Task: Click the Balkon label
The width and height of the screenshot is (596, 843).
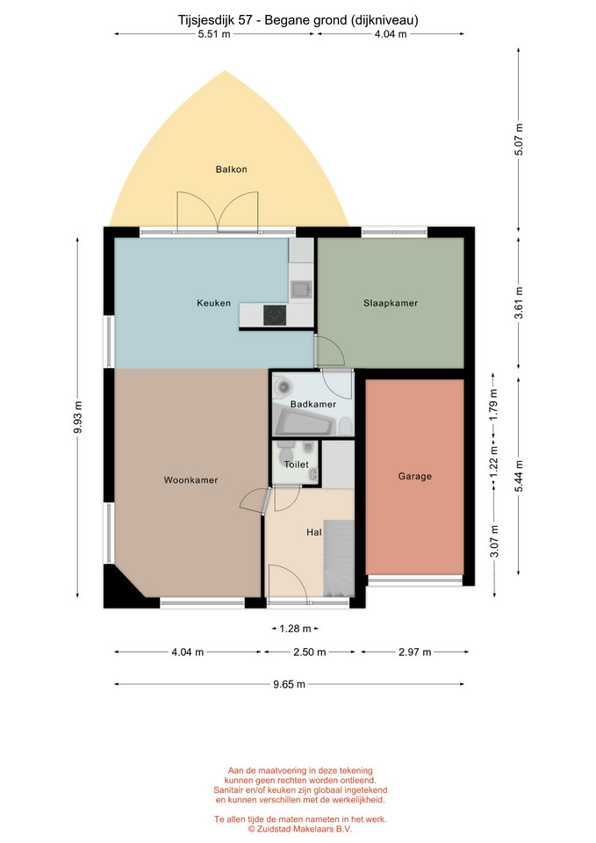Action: (x=231, y=169)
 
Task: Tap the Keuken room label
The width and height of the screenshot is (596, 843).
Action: (x=214, y=303)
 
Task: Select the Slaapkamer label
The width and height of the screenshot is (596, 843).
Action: (x=391, y=303)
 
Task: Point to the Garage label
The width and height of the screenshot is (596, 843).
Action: (x=415, y=476)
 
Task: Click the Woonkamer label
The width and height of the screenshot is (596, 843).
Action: (x=190, y=480)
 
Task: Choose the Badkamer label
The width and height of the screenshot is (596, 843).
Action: (x=313, y=404)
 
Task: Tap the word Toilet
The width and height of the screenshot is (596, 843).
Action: (x=296, y=465)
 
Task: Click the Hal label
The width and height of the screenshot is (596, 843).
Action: (x=314, y=532)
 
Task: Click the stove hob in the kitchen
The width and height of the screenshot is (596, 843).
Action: (x=275, y=315)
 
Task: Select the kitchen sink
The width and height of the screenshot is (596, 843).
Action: (x=301, y=290)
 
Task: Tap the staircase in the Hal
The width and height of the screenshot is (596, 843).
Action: (x=339, y=558)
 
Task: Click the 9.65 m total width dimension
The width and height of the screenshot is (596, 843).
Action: (x=289, y=684)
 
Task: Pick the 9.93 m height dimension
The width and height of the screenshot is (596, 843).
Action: (x=78, y=418)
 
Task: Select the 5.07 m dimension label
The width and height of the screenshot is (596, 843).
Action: (x=519, y=140)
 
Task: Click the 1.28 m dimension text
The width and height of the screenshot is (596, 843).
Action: (x=295, y=629)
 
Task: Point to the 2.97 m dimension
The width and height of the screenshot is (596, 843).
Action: (x=415, y=652)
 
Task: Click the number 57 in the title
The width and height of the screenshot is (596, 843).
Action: (x=245, y=20)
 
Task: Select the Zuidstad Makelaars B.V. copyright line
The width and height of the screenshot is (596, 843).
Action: (x=300, y=830)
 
